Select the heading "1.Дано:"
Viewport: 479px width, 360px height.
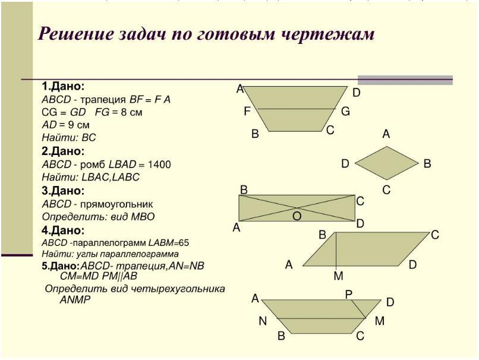pyautogui.click(x=63, y=86)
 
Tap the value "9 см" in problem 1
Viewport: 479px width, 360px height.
pyautogui.click(x=77, y=125)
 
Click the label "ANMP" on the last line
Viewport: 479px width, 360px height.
pyautogui.click(x=75, y=300)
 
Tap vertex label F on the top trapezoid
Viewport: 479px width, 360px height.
pyautogui.click(x=247, y=111)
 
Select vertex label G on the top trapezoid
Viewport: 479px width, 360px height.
pyautogui.click(x=345, y=111)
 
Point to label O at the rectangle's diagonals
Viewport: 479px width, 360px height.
pyautogui.click(x=297, y=217)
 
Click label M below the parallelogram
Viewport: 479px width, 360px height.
pyautogui.click(x=338, y=276)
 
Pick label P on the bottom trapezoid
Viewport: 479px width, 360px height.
pyautogui.click(x=349, y=294)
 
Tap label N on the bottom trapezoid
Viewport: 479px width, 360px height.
pyautogui.click(x=263, y=321)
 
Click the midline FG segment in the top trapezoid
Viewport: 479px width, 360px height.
pyautogui.click(x=297, y=109)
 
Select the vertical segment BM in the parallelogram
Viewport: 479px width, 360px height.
pyautogui.click(x=337, y=250)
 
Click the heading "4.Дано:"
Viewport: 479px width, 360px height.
pyautogui.click(x=63, y=230)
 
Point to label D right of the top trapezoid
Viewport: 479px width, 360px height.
pyautogui.click(x=356, y=93)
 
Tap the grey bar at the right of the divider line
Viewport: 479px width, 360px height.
pyautogui.click(x=405, y=80)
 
